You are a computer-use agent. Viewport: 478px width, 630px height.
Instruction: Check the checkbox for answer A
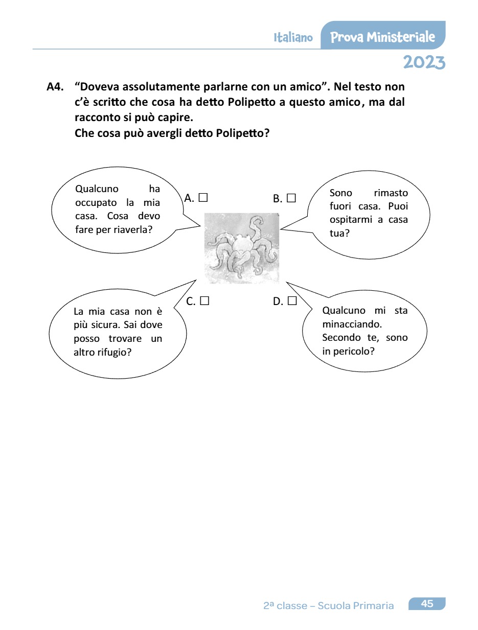click(203, 197)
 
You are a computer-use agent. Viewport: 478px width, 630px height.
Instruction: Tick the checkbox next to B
click(291, 198)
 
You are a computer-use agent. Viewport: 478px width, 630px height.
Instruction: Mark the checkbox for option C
click(204, 301)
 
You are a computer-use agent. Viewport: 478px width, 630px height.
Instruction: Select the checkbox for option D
click(292, 301)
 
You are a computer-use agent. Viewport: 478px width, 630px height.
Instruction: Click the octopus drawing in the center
click(241, 248)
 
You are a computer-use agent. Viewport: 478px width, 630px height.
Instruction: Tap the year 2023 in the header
click(424, 62)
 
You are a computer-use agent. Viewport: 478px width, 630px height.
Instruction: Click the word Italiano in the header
click(293, 38)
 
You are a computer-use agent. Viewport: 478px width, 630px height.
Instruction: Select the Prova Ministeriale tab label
click(383, 37)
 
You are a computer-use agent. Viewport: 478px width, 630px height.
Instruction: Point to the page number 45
click(427, 604)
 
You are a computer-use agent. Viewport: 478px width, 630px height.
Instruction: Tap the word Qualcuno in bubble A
click(97, 189)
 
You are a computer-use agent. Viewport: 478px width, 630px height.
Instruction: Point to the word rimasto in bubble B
click(391, 193)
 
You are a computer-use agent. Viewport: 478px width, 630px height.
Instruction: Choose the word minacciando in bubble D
click(353, 324)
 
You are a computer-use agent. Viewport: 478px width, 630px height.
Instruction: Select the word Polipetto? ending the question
click(243, 134)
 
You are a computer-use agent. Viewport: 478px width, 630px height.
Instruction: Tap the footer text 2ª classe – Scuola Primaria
click(329, 606)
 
